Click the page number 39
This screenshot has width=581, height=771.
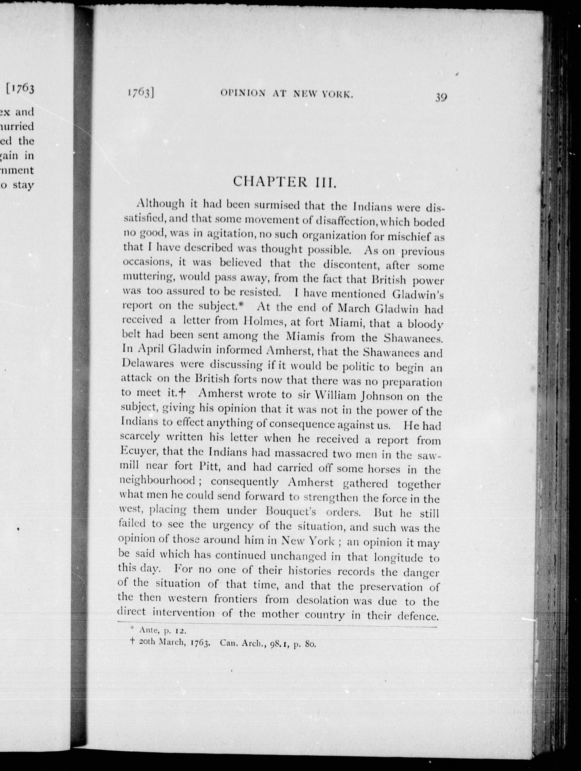pos(441,97)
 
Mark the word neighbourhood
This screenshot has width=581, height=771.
pos(157,481)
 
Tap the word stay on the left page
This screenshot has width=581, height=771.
pos(23,185)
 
